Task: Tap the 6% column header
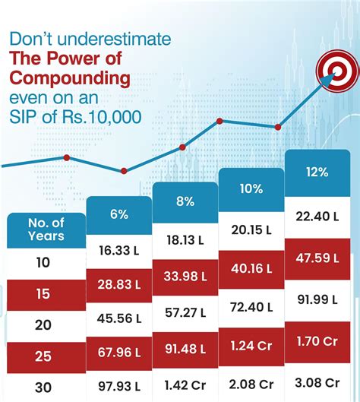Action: click(118, 214)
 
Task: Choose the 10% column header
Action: click(251, 187)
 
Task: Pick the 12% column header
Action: click(317, 172)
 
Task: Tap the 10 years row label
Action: click(43, 262)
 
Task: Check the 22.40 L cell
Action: click(317, 217)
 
